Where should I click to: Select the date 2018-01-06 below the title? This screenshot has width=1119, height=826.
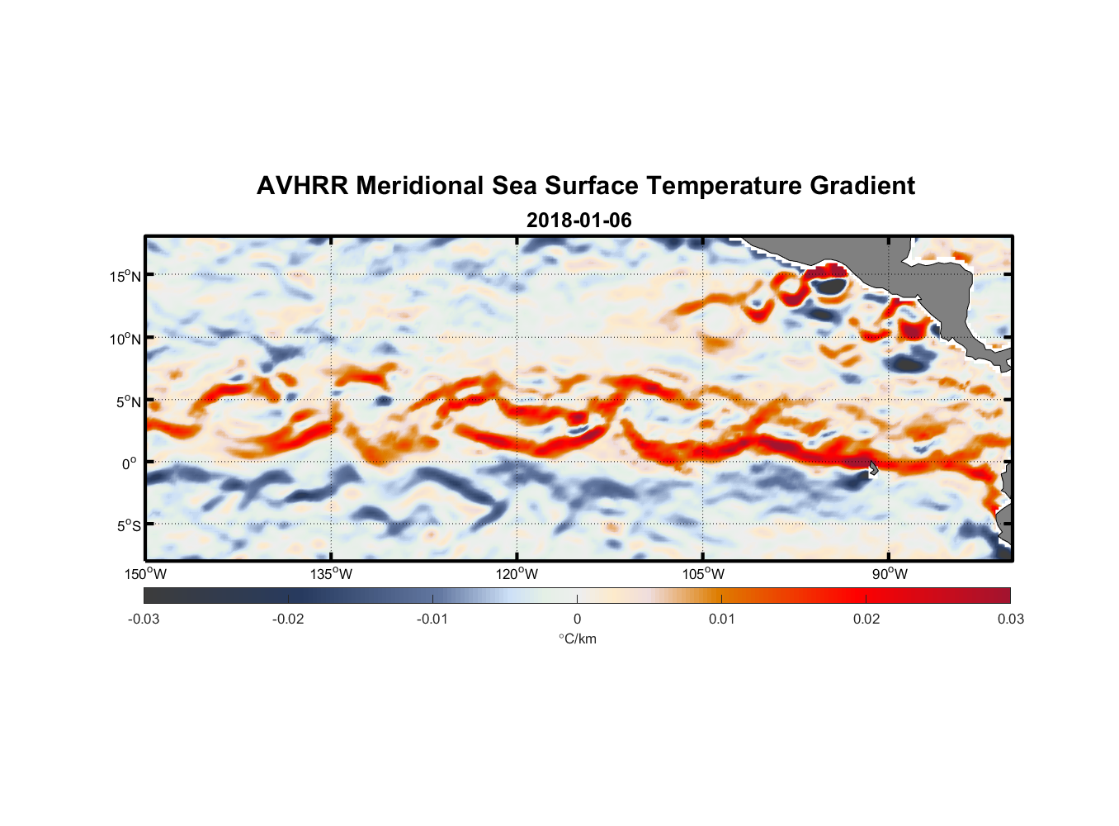pyautogui.click(x=578, y=221)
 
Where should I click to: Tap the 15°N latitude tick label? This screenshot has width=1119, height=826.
pyautogui.click(x=125, y=276)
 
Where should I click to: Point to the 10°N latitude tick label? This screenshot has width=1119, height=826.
pyautogui.click(x=125, y=339)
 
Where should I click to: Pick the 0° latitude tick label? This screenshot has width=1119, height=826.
pyautogui.click(x=130, y=463)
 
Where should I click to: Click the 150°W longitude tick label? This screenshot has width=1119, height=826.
pyautogui.click(x=145, y=574)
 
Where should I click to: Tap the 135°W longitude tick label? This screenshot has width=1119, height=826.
pyautogui.click(x=332, y=574)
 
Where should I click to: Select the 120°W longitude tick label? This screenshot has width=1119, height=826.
pyautogui.click(x=517, y=574)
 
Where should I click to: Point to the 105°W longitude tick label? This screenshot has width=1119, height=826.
pyautogui.click(x=703, y=574)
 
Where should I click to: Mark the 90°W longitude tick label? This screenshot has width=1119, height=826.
pyautogui.click(x=889, y=574)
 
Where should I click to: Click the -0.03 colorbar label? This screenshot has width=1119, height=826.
pyautogui.click(x=144, y=619)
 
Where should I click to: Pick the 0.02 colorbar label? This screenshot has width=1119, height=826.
pyautogui.click(x=866, y=619)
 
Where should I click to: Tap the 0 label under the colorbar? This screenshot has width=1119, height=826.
pyautogui.click(x=577, y=619)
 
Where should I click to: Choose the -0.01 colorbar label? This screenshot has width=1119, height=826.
pyautogui.click(x=432, y=619)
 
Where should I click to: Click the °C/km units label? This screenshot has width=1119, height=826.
pyautogui.click(x=577, y=638)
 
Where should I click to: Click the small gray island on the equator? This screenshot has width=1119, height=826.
pyautogui.click(x=873, y=468)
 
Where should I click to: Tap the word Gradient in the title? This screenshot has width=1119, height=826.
pyautogui.click(x=862, y=186)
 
